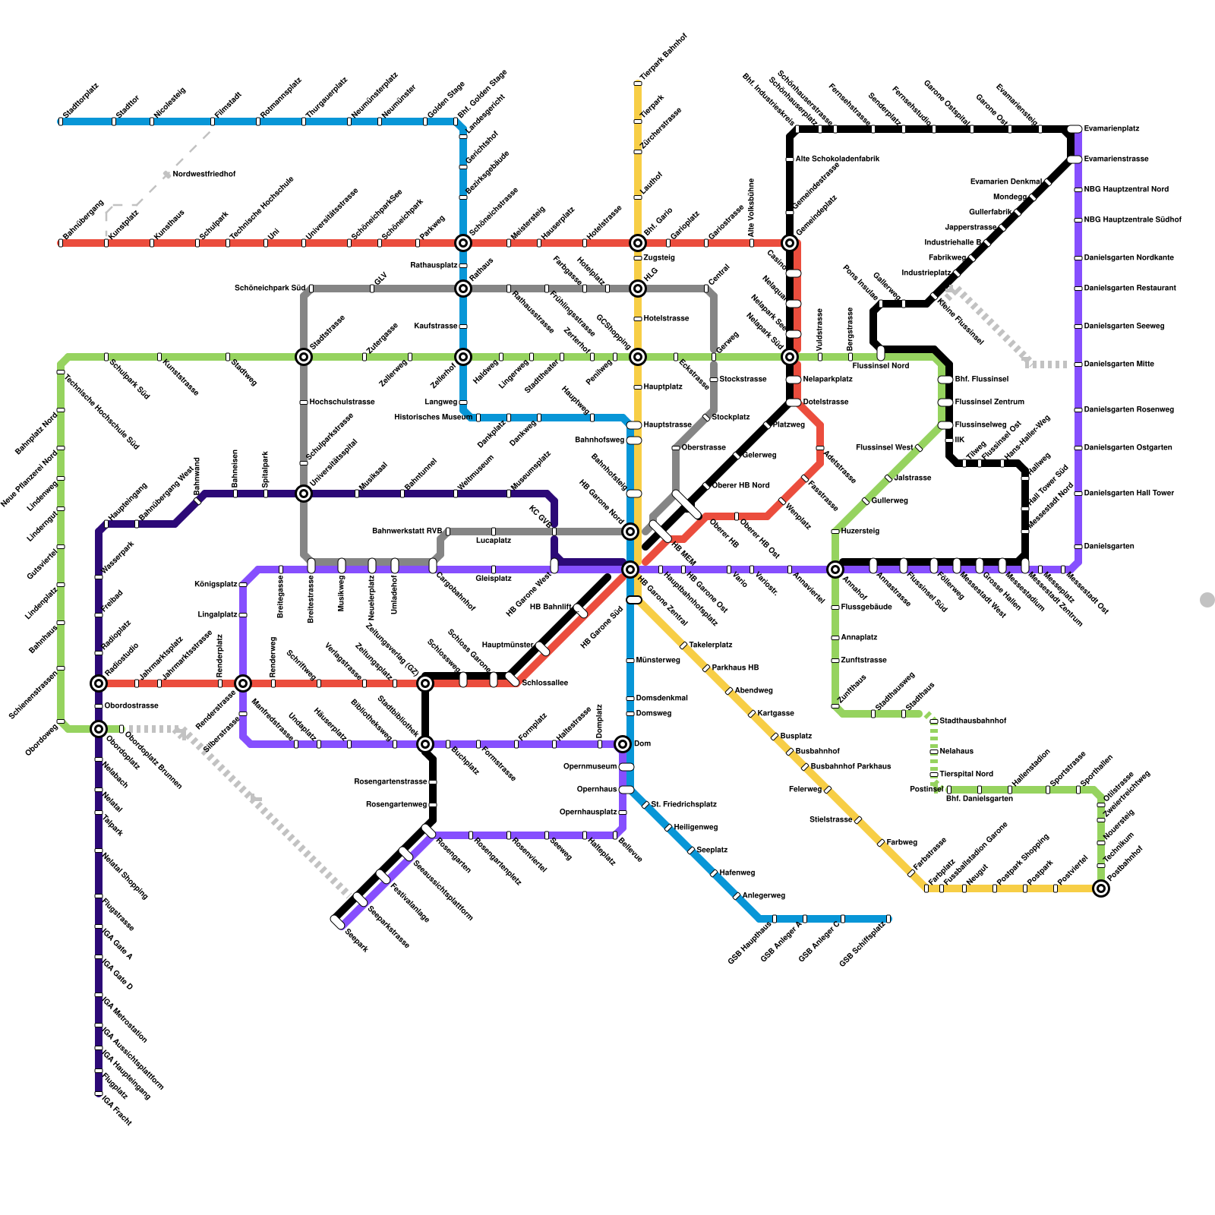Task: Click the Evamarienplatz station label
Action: click(x=1112, y=129)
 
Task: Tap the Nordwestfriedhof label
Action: click(x=204, y=175)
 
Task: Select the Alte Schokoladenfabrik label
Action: click(x=838, y=159)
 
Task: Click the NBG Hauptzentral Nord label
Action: click(x=1126, y=190)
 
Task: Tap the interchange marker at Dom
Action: click(x=623, y=744)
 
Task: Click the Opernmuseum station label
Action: click(x=590, y=767)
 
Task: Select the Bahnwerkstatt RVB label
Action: click(x=407, y=532)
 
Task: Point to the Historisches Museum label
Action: click(x=433, y=418)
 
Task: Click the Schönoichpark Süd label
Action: click(x=270, y=289)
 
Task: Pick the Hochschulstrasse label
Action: click(x=342, y=402)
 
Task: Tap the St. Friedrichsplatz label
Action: click(x=683, y=805)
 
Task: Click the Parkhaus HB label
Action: click(x=735, y=668)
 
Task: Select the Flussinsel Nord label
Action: click(x=880, y=366)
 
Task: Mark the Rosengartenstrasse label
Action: click(x=390, y=782)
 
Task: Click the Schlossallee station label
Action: click(x=544, y=683)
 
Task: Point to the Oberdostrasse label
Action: click(x=131, y=706)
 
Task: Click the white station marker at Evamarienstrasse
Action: click(x=1075, y=159)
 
